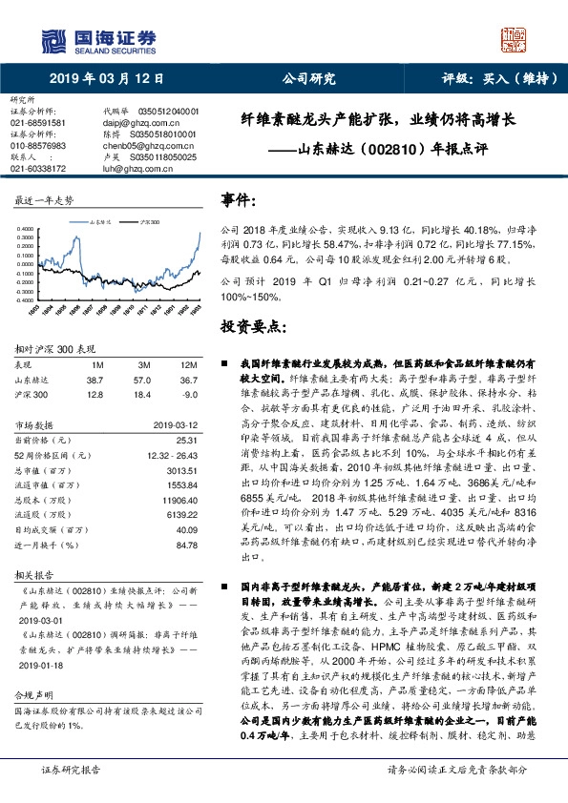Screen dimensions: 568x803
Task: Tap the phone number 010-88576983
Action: (37, 146)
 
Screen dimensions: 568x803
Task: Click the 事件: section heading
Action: (239, 200)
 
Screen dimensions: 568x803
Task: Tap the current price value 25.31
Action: (185, 441)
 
